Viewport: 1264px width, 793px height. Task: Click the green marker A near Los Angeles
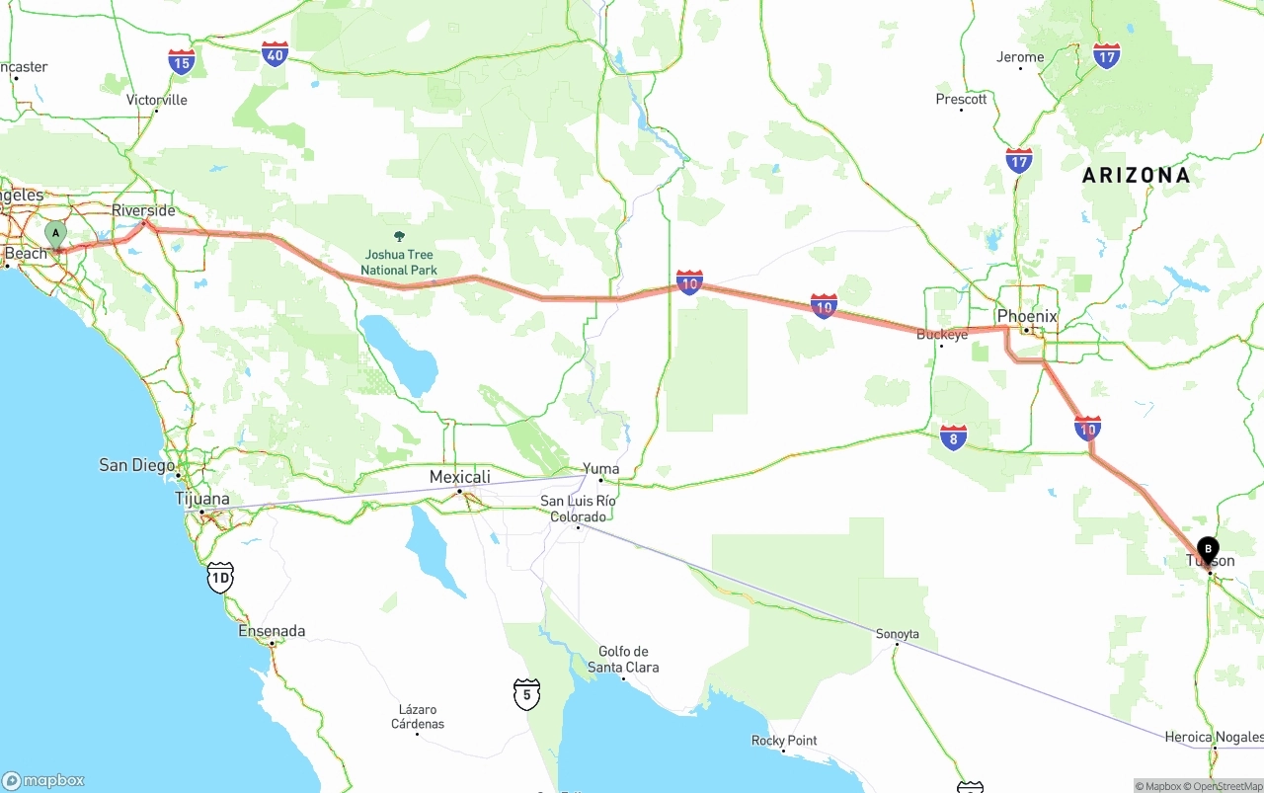pyautogui.click(x=56, y=235)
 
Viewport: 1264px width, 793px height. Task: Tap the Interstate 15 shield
pyautogui.click(x=181, y=62)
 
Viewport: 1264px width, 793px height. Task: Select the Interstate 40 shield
pyautogui.click(x=276, y=54)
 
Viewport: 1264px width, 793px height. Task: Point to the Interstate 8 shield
pyautogui.click(x=953, y=437)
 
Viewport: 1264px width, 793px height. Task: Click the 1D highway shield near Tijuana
pyautogui.click(x=220, y=578)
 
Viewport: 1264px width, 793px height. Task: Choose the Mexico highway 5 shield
pyautogui.click(x=526, y=694)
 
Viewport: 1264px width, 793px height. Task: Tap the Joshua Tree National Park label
pyautogui.click(x=398, y=262)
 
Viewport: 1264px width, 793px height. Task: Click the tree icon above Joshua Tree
pyautogui.click(x=399, y=237)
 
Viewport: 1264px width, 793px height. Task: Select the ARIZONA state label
pyautogui.click(x=1136, y=176)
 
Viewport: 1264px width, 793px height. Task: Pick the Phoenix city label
pyautogui.click(x=1027, y=316)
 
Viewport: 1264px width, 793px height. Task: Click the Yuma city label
pyautogui.click(x=600, y=469)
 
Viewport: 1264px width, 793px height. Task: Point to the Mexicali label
pyautogui.click(x=459, y=477)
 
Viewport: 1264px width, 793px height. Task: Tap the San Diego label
pyautogui.click(x=136, y=465)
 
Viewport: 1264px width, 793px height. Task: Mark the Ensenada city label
pyautogui.click(x=272, y=631)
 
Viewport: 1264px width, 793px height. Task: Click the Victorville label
pyautogui.click(x=156, y=100)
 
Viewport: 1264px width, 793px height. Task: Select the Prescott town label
pyautogui.click(x=961, y=99)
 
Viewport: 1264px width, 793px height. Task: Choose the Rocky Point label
pyautogui.click(x=784, y=741)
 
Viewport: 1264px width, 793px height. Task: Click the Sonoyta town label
pyautogui.click(x=897, y=634)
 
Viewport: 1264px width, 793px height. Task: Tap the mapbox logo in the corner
pyautogui.click(x=43, y=780)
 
